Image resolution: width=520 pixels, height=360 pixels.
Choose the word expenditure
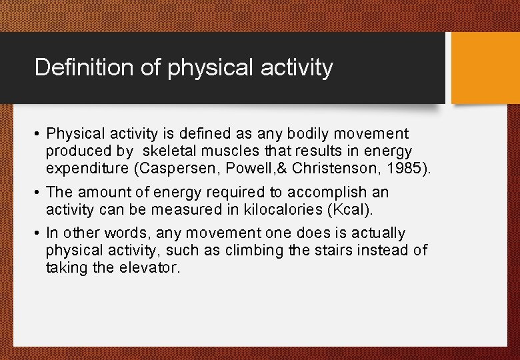[x=87, y=169]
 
